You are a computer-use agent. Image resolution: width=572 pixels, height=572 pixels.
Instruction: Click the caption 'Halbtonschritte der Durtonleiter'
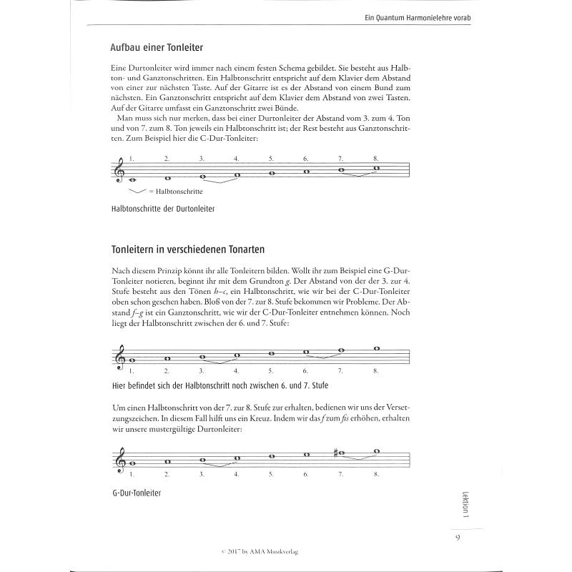164,209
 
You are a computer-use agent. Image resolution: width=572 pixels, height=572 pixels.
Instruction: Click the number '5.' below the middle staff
272,370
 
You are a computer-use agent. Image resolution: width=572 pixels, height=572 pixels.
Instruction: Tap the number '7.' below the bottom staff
340,473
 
